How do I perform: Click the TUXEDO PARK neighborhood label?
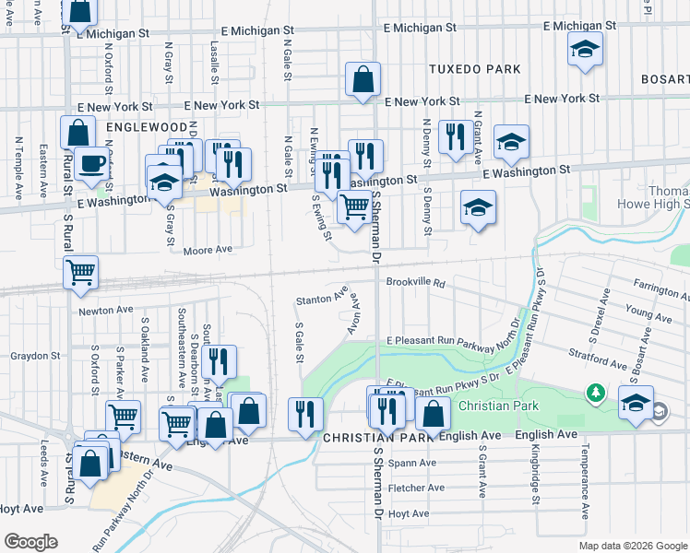[x=475, y=69]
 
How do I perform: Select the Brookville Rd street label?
[x=415, y=283]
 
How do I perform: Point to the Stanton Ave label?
[x=321, y=300]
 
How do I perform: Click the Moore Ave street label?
[x=207, y=250]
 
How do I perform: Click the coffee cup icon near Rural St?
[x=91, y=164]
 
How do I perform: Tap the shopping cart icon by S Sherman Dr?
[x=355, y=208]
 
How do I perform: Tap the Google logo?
[x=30, y=542]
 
